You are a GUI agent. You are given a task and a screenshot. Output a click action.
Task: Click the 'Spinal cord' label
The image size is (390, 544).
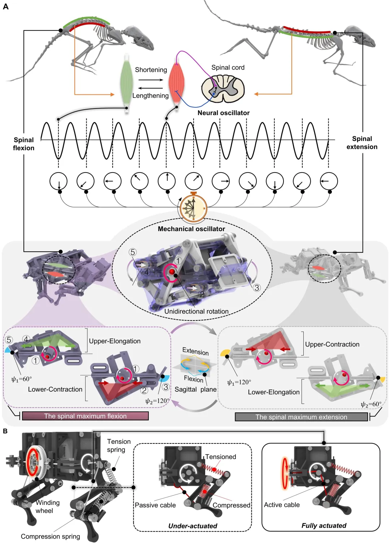pyautogui.click(x=228, y=68)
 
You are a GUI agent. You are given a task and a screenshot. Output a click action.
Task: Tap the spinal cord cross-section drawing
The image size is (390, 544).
pyautogui.click(x=223, y=88)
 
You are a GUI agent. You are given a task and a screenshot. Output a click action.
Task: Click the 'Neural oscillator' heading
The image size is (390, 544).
pyautogui.click(x=224, y=113)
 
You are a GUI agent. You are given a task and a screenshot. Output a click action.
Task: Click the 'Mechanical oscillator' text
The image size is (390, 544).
pyautogui.click(x=191, y=229)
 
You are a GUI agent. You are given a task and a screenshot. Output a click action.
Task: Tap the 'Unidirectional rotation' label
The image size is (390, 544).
pyautogui.click(x=196, y=311)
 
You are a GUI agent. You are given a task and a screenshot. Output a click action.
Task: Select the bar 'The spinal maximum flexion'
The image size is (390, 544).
pyautogui.click(x=85, y=416)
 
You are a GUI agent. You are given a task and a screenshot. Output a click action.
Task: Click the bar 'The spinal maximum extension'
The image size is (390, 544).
pyautogui.click(x=301, y=417)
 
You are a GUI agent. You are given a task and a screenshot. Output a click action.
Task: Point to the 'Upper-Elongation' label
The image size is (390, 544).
pyautogui.click(x=114, y=341)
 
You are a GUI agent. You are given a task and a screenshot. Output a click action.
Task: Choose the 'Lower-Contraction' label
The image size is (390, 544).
pyautogui.click(x=55, y=389)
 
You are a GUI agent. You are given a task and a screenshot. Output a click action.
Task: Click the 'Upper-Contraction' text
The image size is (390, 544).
pyautogui.click(x=332, y=344)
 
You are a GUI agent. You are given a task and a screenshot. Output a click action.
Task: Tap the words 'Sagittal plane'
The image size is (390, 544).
pyautogui.click(x=196, y=389)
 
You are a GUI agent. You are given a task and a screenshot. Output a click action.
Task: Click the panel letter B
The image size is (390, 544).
pyautogui.click(x=5, y=431)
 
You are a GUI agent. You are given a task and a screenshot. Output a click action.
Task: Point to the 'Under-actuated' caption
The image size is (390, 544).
pyautogui.click(x=193, y=526)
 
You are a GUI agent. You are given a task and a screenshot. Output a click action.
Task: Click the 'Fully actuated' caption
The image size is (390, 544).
pyautogui.click(x=324, y=526)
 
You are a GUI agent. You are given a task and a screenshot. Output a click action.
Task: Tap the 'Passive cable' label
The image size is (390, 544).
pyautogui.click(x=155, y=505)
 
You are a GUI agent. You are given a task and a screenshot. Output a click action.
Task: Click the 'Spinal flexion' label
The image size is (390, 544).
pyautogui.click(x=23, y=144)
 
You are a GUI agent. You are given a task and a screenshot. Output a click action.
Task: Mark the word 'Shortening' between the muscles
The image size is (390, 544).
pyautogui.click(x=151, y=70)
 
